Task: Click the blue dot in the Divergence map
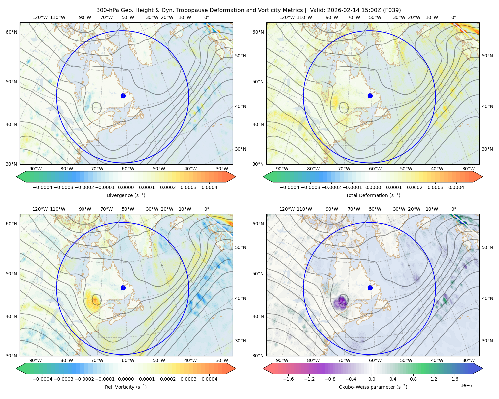(x=123, y=96)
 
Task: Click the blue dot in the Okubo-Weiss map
(x=370, y=288)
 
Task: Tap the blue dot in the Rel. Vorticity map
(x=123, y=288)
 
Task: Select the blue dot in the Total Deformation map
(x=370, y=96)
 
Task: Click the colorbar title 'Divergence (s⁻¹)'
(x=126, y=195)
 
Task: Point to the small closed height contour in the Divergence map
(x=97, y=108)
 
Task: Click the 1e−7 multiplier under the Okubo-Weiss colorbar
(x=466, y=386)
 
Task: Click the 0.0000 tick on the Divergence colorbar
(x=126, y=187)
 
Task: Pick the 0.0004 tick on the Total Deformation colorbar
(x=456, y=187)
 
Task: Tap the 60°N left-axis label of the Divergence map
(x=11, y=32)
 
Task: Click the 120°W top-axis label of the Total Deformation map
(x=287, y=17)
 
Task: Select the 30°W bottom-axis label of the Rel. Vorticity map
(x=222, y=360)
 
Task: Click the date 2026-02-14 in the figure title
(x=343, y=10)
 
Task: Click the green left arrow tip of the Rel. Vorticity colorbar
(x=16, y=368)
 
